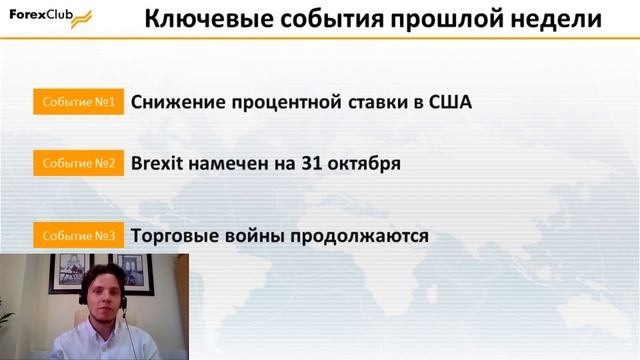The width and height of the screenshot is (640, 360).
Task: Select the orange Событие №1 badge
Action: pyautogui.click(x=79, y=102)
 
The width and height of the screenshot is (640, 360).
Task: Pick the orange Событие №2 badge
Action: pyautogui.click(x=79, y=162)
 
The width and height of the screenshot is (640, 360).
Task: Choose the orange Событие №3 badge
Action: pyautogui.click(x=79, y=237)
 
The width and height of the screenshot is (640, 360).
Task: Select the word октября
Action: pyautogui.click(x=365, y=163)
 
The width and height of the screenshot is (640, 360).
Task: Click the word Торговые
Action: pyautogui.click(x=177, y=237)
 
